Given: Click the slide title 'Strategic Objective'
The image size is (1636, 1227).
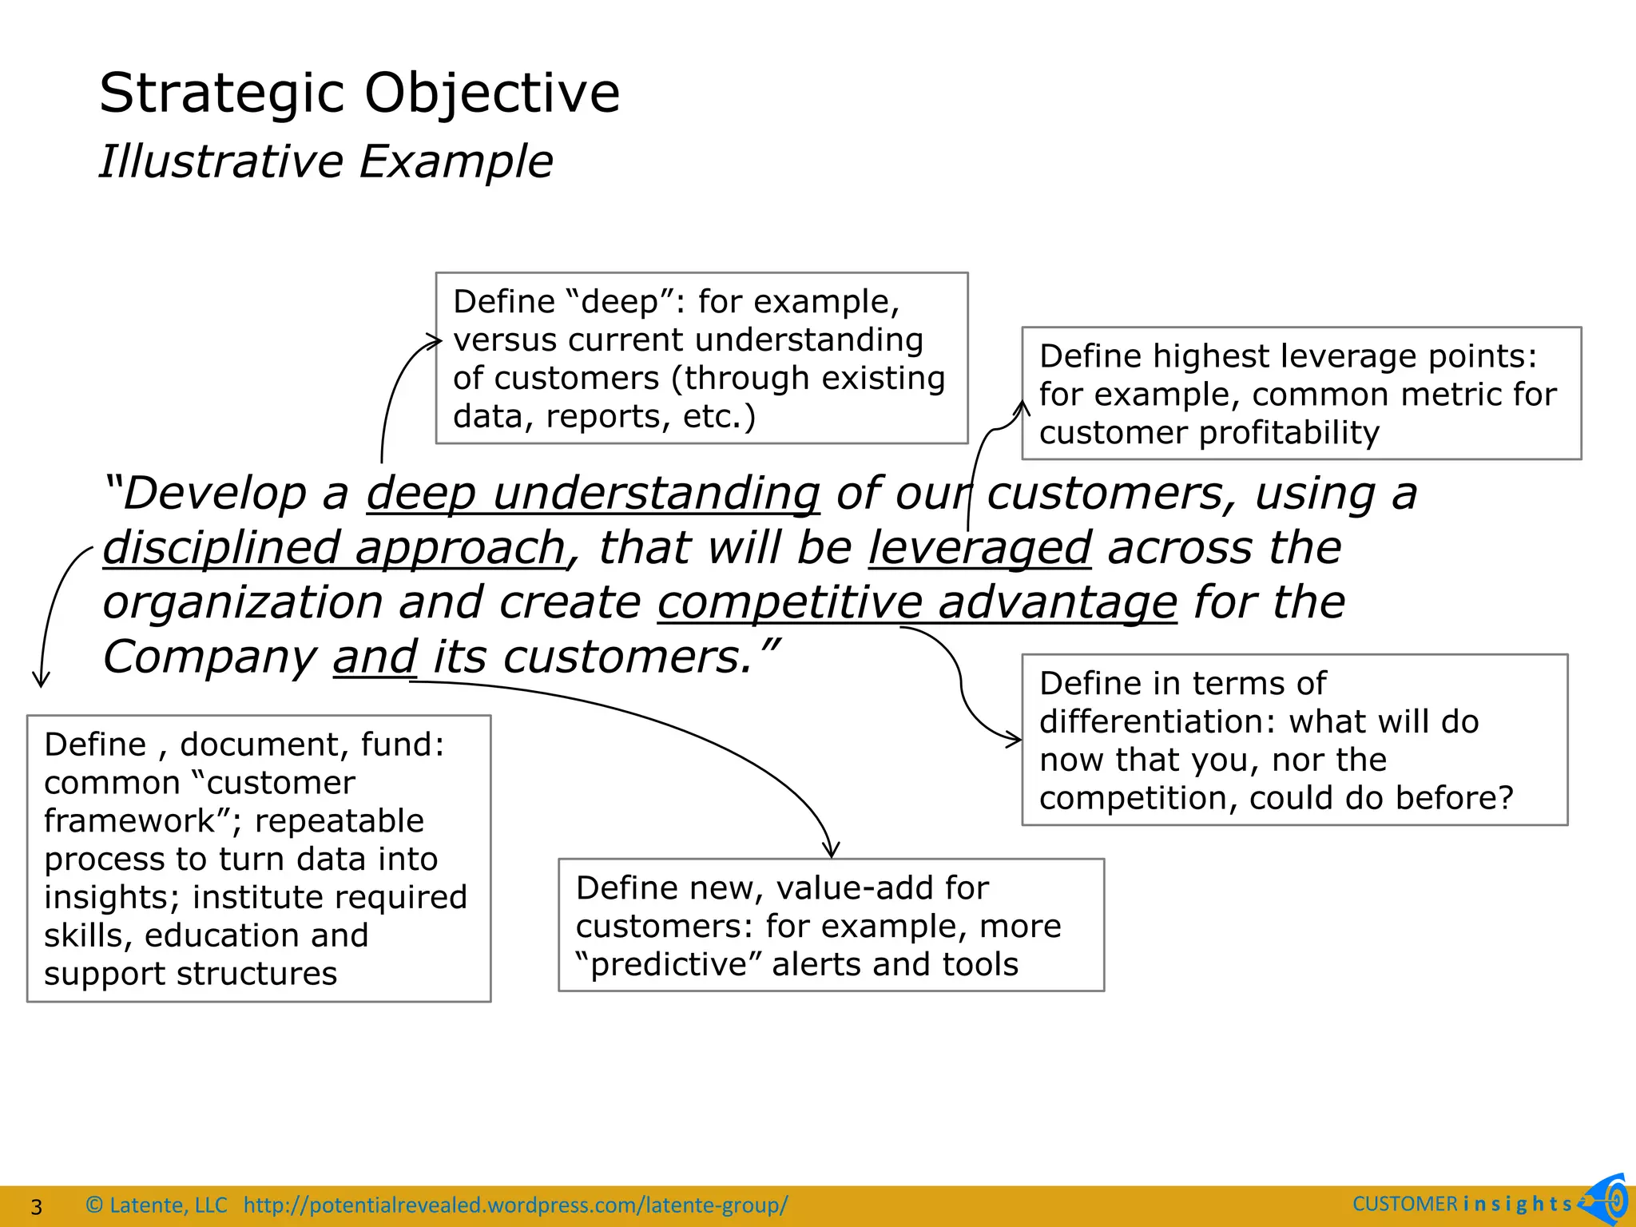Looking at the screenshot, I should [359, 93].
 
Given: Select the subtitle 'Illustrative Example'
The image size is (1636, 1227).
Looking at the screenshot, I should [326, 161].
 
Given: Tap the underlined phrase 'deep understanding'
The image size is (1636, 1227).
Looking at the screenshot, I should [593, 493].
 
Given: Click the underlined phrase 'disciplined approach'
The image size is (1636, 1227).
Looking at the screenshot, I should [334, 548].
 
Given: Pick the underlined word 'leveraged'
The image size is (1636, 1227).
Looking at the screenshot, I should [980, 548].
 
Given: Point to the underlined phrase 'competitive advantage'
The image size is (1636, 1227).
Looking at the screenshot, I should [917, 602].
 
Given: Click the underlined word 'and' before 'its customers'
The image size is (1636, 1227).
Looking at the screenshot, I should [375, 657].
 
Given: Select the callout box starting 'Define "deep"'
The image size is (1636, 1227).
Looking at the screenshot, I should [701, 358].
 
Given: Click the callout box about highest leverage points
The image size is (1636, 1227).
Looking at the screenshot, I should [1301, 393].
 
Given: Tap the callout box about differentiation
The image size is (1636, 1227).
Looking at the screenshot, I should [1294, 740].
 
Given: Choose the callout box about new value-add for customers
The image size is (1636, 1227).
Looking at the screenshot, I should [831, 925].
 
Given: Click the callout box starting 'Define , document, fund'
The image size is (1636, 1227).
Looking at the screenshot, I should [259, 858].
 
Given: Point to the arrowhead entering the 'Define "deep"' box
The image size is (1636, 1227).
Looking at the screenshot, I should [435, 342].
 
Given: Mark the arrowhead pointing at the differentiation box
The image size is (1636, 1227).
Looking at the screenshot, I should [1016, 741].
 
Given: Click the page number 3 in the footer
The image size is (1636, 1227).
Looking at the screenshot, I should [36, 1206].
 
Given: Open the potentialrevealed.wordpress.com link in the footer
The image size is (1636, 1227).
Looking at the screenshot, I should [515, 1205].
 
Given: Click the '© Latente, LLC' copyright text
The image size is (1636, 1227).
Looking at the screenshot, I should [157, 1205].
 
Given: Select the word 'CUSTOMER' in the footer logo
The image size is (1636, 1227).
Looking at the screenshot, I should [1404, 1205].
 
